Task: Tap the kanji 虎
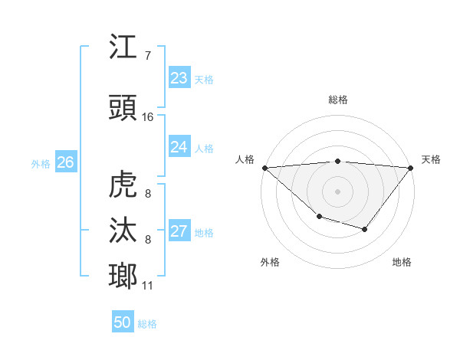(x=123, y=185)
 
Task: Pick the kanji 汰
(x=123, y=231)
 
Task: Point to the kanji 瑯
(x=123, y=275)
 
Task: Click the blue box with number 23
(x=179, y=78)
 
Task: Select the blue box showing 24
(x=179, y=147)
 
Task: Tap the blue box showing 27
(x=179, y=231)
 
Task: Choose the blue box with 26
(x=66, y=162)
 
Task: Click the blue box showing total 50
(x=123, y=322)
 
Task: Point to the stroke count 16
(x=148, y=117)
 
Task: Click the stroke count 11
(x=148, y=286)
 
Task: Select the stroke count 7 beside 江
(x=148, y=56)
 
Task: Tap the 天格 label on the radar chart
(x=432, y=159)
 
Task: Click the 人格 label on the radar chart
(x=245, y=159)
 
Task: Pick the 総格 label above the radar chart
(x=338, y=100)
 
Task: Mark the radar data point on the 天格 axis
(x=411, y=168)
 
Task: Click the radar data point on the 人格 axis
(x=264, y=168)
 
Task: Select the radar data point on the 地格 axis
(x=365, y=229)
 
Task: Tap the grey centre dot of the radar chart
(x=337, y=191)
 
